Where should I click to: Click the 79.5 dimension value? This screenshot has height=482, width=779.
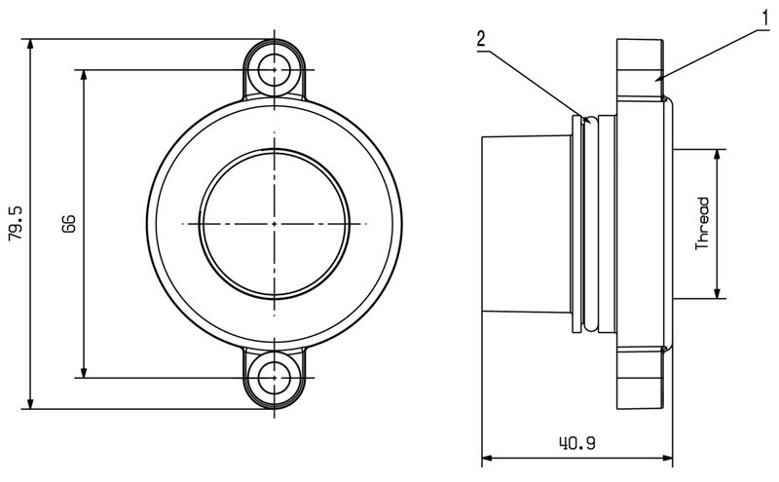(x=15, y=223)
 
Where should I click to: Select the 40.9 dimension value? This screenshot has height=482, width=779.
(x=577, y=443)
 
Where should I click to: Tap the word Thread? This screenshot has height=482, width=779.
(x=703, y=224)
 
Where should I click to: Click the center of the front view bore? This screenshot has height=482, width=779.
(x=275, y=223)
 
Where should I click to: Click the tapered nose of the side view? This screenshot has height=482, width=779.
(x=526, y=224)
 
